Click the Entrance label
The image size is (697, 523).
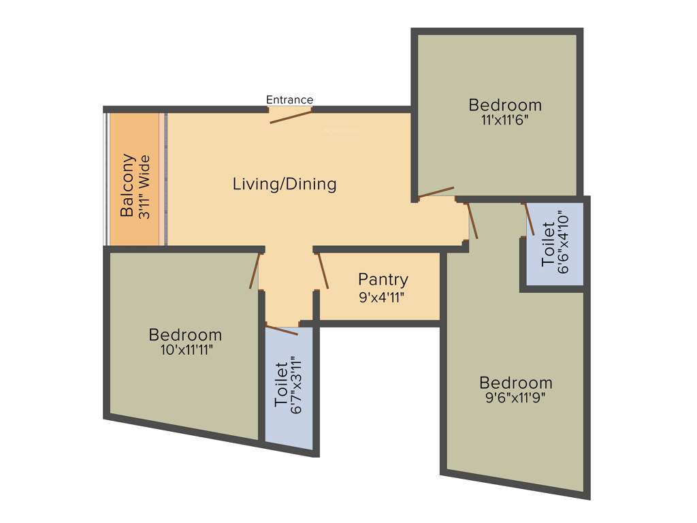(x=289, y=100)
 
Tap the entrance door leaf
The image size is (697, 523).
(x=291, y=116)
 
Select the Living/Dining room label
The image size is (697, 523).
(x=285, y=184)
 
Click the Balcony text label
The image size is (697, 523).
(x=127, y=185)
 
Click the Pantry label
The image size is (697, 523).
(x=383, y=279)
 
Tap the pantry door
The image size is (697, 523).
(x=322, y=271)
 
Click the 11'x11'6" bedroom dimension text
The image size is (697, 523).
(x=505, y=119)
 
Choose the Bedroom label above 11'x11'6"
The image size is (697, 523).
(x=505, y=105)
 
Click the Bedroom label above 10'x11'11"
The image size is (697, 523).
(x=185, y=335)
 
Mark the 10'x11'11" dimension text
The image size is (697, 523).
(x=185, y=349)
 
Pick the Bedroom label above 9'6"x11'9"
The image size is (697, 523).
(x=515, y=383)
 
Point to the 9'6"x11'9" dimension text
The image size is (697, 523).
(x=515, y=397)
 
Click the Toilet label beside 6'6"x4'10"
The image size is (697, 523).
(x=548, y=243)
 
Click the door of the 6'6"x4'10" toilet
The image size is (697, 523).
(x=528, y=218)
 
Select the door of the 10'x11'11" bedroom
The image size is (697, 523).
(x=255, y=271)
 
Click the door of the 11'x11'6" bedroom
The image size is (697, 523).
(x=436, y=192)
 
